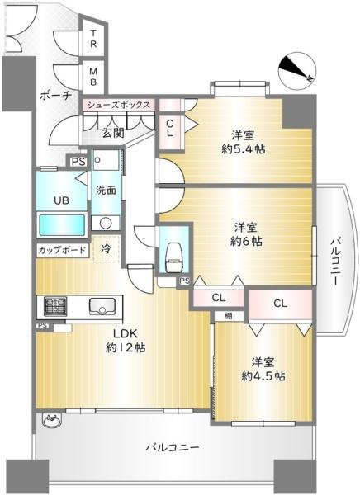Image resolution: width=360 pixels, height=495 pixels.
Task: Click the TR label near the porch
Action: [94, 38]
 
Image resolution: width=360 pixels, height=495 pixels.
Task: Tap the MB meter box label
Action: [94, 76]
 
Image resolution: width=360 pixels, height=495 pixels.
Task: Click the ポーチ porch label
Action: [55, 97]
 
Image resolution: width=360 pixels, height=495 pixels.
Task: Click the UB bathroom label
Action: [62, 200]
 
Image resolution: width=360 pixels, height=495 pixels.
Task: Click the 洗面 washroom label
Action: [105, 190]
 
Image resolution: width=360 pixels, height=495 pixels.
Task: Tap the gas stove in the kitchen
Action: [55, 305]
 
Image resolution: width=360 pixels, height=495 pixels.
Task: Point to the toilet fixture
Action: [173, 258]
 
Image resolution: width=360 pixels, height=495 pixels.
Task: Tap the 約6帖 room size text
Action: [247, 241]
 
